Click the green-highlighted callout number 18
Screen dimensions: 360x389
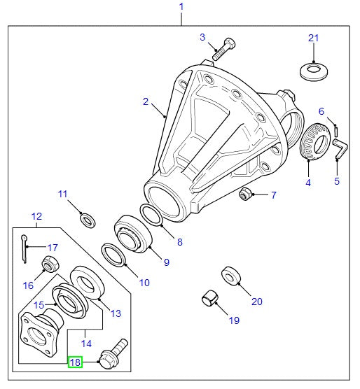pyautogui.click(x=75, y=362)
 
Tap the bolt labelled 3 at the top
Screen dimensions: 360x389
pyautogui.click(x=224, y=49)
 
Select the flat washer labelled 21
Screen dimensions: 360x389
pyautogui.click(x=314, y=71)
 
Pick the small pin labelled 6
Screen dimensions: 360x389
pyautogui.click(x=336, y=131)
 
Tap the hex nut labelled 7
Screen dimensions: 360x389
pyautogui.click(x=246, y=194)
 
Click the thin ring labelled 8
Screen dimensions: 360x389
pyautogui.click(x=151, y=215)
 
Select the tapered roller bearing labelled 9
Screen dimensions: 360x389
pyautogui.click(x=133, y=234)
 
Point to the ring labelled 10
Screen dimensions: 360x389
pyautogui.click(x=113, y=255)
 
